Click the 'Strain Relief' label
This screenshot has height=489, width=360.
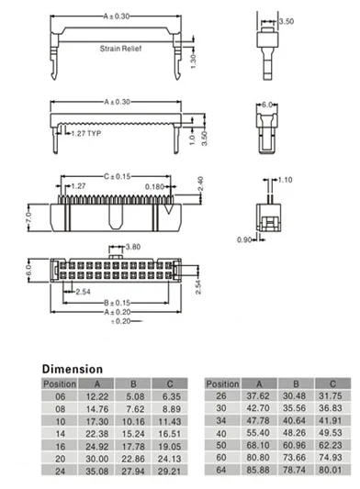tap(120, 49)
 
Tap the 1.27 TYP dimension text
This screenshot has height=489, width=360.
tap(86, 133)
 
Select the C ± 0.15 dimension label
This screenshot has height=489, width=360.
tap(117, 176)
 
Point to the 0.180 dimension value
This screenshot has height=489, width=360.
tap(154, 187)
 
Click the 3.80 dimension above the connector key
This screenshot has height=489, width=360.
tap(133, 247)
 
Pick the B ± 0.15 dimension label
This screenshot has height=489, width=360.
tap(117, 303)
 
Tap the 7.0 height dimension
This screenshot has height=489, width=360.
tap(28, 217)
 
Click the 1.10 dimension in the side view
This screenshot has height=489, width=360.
tap(285, 180)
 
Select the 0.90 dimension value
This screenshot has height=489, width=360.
tap(244, 239)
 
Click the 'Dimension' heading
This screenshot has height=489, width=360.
tap(73, 369)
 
